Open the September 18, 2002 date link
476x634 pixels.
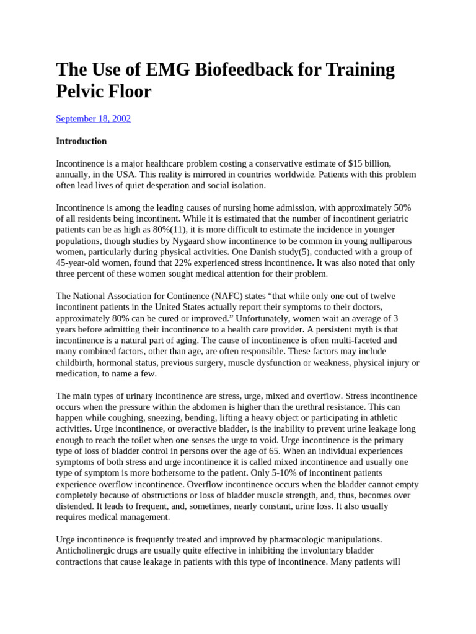(x=94, y=119)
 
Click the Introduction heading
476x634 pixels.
(x=81, y=141)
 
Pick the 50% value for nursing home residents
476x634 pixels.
(x=402, y=208)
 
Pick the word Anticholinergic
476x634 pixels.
(x=87, y=551)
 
